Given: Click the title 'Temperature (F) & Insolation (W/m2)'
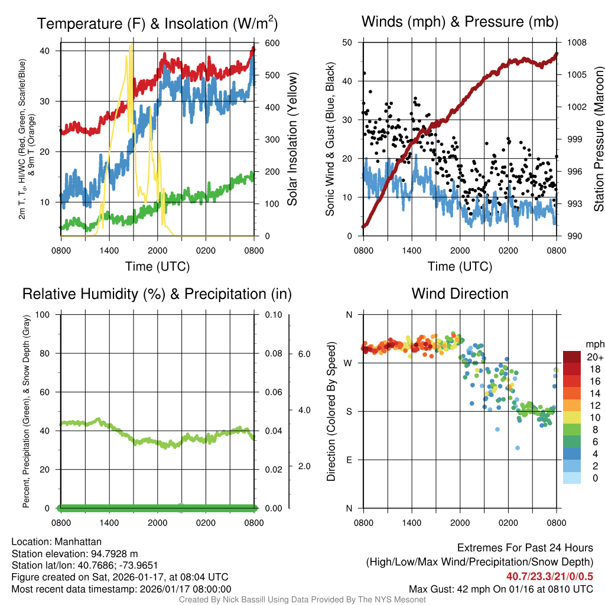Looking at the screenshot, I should coord(157,23).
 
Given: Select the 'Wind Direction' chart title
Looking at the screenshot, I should coord(460,293).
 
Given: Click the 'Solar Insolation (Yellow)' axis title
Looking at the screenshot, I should coord(292,139).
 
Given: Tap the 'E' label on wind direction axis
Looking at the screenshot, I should coord(348,460).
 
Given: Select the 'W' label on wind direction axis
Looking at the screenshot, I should coord(348,363).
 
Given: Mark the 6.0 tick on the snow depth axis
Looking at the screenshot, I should coord(303,354).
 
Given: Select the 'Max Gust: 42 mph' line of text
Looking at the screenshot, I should coord(501,589).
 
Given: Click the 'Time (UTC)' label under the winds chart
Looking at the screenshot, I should coord(460,266).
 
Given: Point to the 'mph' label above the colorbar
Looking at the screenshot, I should coord(594,344).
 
